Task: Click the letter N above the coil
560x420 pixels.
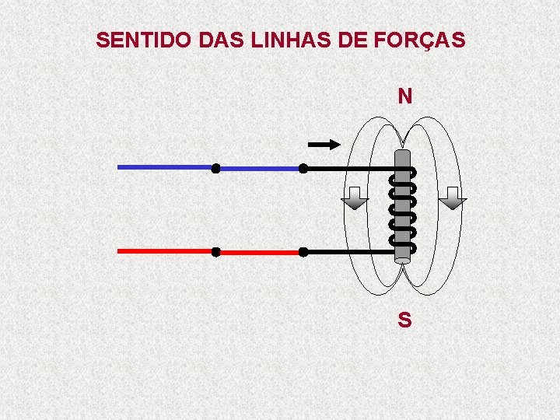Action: click(x=404, y=96)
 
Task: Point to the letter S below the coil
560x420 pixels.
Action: click(x=404, y=320)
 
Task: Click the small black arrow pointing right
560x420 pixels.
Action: click(x=324, y=144)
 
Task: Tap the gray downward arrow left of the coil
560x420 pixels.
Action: click(x=355, y=198)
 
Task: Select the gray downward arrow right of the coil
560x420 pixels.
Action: click(x=452, y=198)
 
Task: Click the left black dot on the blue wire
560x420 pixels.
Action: click(x=215, y=168)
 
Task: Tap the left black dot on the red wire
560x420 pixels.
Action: click(x=215, y=252)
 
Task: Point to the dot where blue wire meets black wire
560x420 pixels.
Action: click(x=303, y=168)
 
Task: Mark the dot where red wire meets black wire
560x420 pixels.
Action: click(x=303, y=252)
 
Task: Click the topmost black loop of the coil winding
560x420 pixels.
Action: click(x=402, y=173)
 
